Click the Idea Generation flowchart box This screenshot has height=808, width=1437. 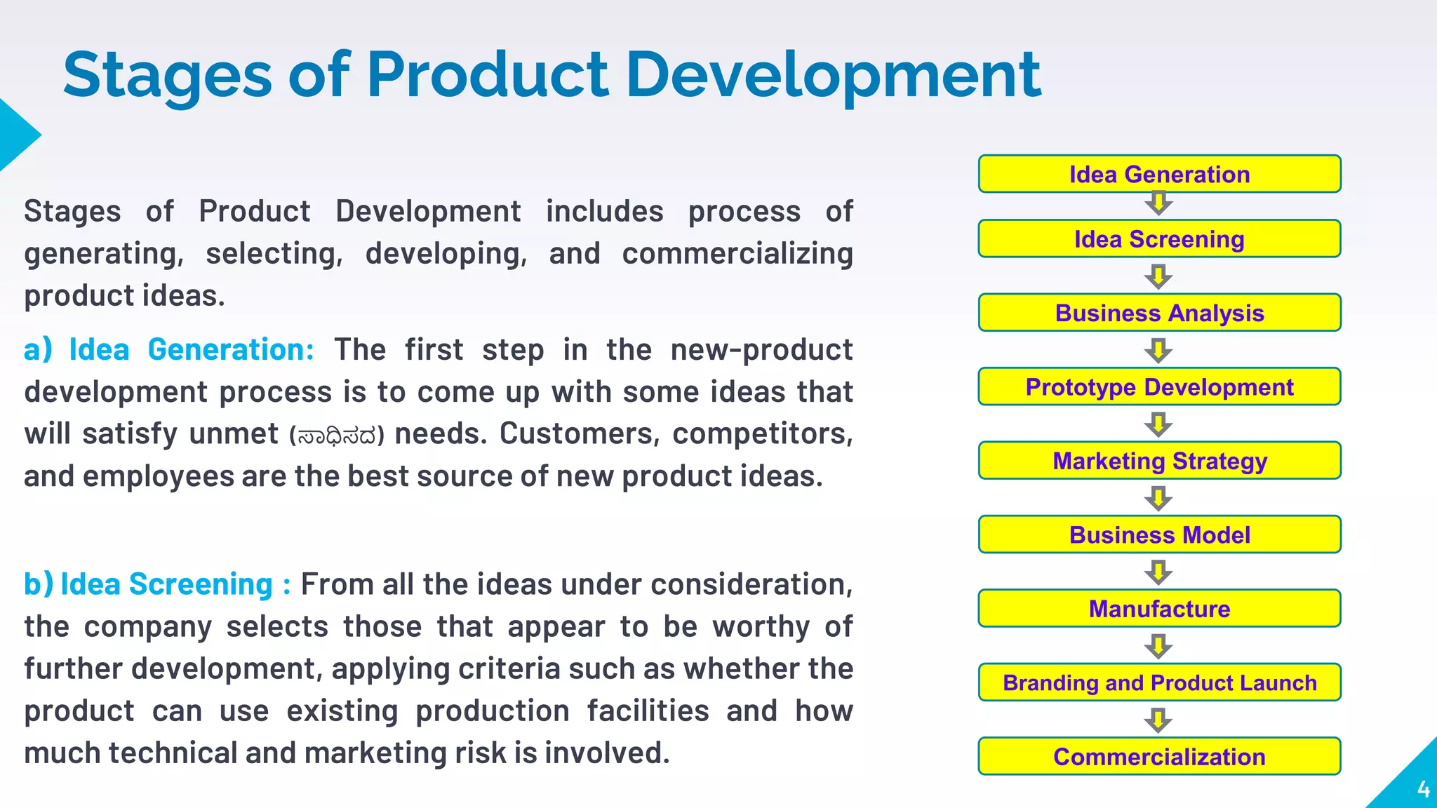tap(1159, 174)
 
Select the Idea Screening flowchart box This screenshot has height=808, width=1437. tap(1159, 239)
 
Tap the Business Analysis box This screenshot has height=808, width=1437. tap(1159, 313)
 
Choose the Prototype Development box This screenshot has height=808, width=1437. tap(1159, 387)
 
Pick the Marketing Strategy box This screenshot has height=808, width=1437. tap(1159, 461)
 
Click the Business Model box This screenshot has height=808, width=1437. tap(1159, 535)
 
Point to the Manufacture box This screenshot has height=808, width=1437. tap(1159, 609)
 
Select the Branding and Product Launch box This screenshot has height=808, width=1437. tap(1159, 682)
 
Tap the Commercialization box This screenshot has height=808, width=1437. tap(1159, 757)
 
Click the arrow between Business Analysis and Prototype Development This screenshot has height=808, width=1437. tap(1158, 350)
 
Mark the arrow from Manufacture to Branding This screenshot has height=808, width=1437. tap(1158, 646)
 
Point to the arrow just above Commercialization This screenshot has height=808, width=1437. tap(1158, 720)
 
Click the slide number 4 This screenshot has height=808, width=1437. tap(1423, 790)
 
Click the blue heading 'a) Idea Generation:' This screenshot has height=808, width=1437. tap(168, 349)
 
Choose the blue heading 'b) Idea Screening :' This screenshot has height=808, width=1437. tap(157, 584)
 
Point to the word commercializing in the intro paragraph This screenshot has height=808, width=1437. tap(737, 254)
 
